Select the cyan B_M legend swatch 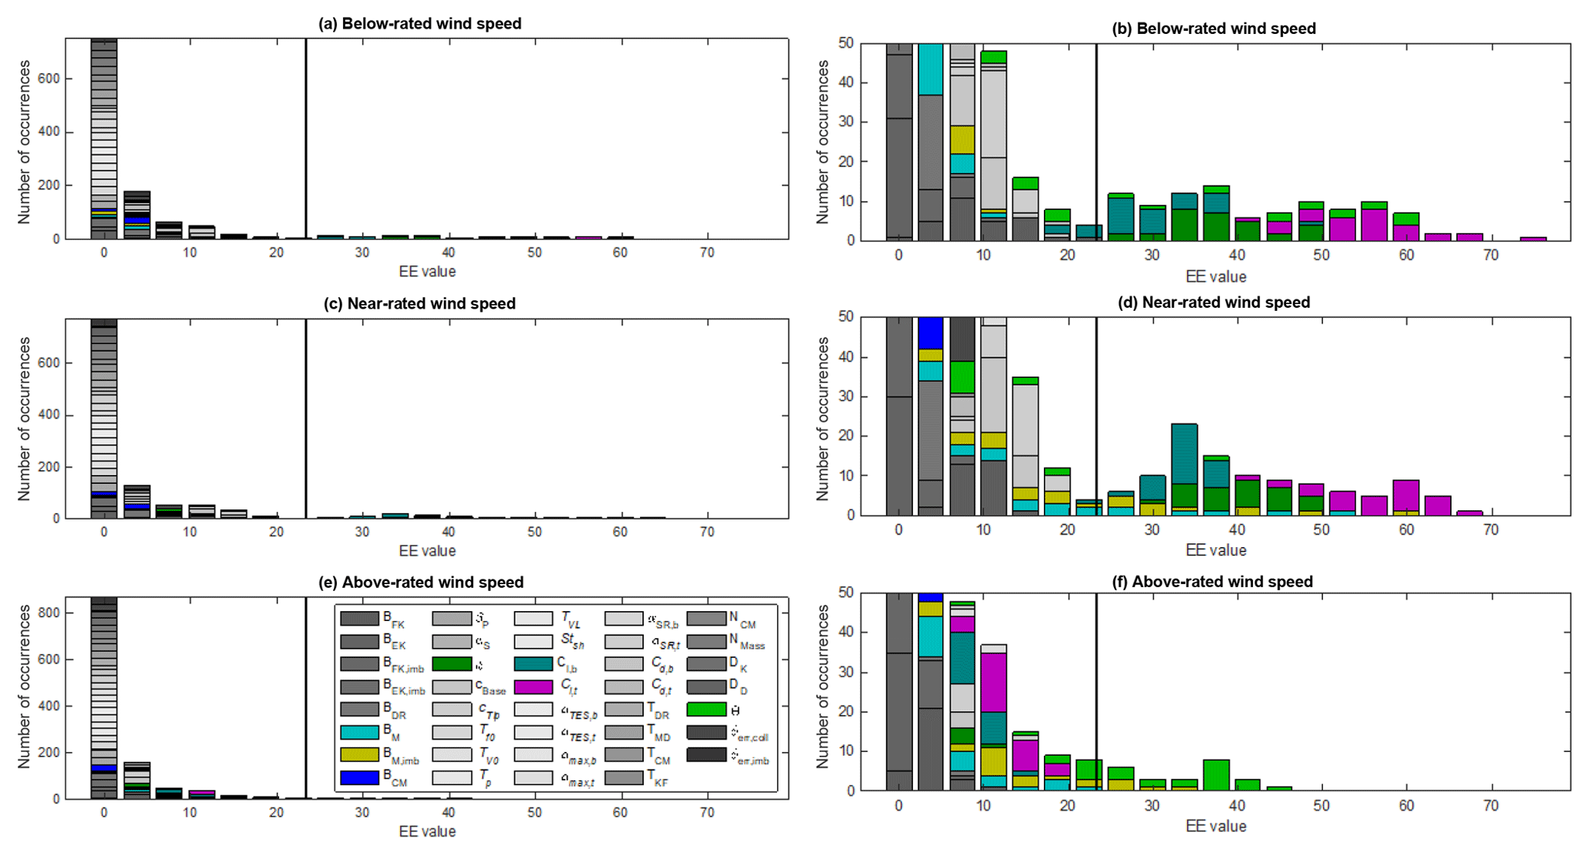(x=359, y=732)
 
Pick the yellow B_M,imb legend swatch (x=359, y=755)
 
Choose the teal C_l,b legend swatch (x=533, y=663)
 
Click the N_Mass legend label (x=747, y=641)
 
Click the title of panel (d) (x=1213, y=302)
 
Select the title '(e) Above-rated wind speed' (x=421, y=583)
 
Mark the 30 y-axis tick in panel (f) (x=845, y=673)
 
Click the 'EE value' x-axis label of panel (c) (x=427, y=551)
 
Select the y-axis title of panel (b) (x=823, y=142)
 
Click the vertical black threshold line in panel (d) (x=1095, y=416)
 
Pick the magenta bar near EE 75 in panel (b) (x=1533, y=239)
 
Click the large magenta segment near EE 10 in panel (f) (x=994, y=682)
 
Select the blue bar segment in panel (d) (x=930, y=333)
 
